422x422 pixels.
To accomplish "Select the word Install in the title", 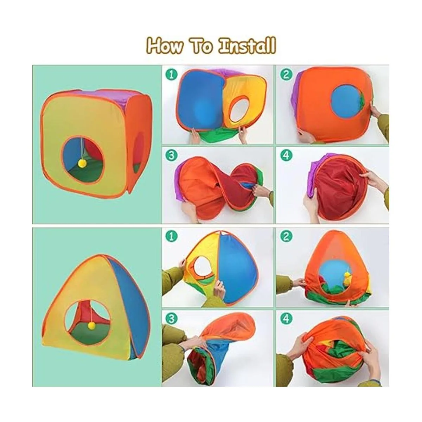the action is pos(247,45).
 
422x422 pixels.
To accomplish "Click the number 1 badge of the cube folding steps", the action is pos(172,75).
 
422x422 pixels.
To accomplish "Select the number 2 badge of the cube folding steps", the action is pos(286,75).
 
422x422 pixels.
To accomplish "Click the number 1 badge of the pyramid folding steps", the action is pos(172,237).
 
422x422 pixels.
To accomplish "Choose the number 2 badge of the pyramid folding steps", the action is pos(286,237).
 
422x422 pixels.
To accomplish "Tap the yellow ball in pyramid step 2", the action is pos(346,278).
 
